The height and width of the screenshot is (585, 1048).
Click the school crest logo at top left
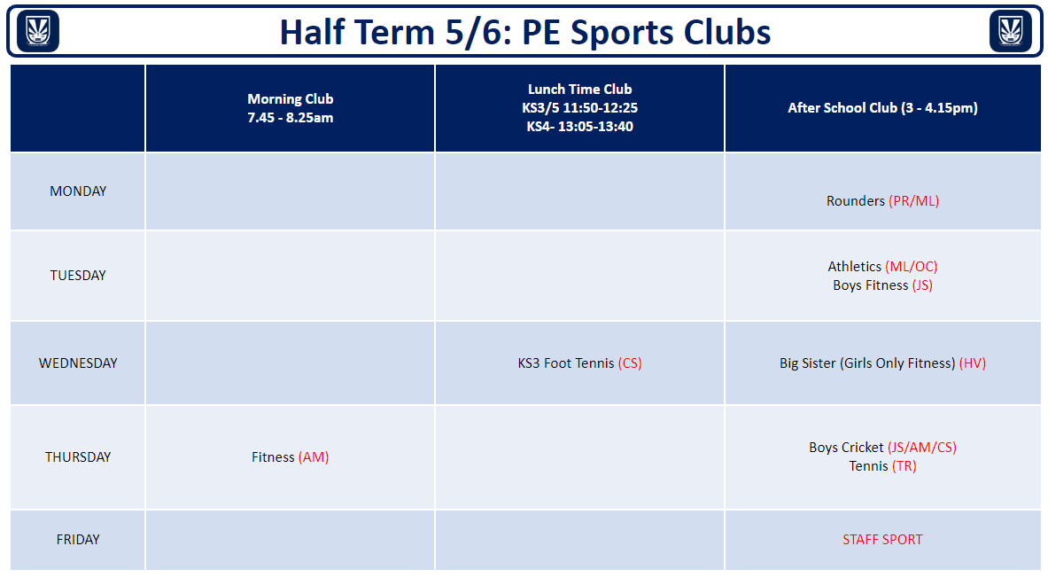(37, 31)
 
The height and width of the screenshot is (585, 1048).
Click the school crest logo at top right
(1010, 31)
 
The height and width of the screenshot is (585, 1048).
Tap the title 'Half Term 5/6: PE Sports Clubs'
(524, 32)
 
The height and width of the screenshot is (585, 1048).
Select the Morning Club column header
(290, 108)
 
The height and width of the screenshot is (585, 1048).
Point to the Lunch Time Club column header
(579, 107)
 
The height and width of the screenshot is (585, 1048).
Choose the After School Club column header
(882, 107)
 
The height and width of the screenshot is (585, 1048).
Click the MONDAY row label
(78, 191)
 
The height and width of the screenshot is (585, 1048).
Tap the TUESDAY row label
(78, 276)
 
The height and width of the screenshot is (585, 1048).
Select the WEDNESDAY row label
(78, 363)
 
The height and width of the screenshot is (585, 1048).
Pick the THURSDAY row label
(78, 457)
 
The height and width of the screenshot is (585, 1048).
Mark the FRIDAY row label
(78, 540)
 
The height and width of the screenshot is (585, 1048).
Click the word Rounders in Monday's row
(856, 200)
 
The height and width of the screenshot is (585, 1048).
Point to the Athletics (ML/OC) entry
(882, 267)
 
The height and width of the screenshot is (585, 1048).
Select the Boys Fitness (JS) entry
(882, 285)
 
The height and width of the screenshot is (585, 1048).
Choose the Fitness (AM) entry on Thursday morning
(290, 457)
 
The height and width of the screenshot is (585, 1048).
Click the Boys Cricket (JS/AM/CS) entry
(882, 448)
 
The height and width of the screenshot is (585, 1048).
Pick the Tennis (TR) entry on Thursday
(882, 466)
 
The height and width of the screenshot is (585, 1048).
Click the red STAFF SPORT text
(882, 540)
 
